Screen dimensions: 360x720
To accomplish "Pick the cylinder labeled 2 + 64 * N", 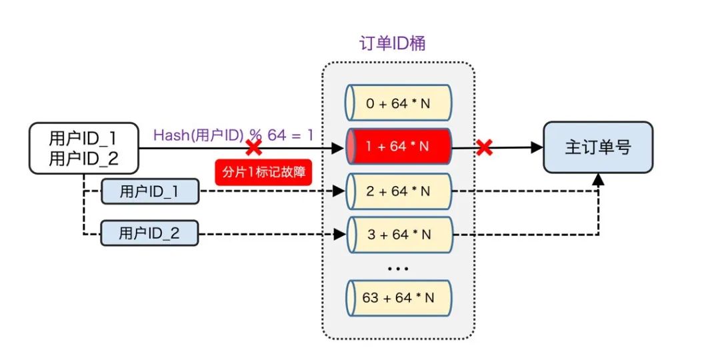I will click(399, 191).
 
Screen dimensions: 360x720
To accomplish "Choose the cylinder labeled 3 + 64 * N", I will click(399, 235).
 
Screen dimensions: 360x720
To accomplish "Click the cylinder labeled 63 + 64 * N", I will click(399, 297).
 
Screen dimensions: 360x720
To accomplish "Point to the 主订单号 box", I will click(597, 147).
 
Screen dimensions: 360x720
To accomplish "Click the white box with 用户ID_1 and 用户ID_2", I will click(83, 147).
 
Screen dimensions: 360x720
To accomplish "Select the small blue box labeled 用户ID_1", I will click(149, 192).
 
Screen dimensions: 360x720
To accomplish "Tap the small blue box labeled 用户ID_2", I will click(149, 233).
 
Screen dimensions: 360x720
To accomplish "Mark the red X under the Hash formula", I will click(253, 147).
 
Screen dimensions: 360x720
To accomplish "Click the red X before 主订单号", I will click(485, 147).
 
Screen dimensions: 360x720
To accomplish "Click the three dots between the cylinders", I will click(398, 268).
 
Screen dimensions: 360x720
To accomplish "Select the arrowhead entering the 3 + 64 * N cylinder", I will click(339, 234).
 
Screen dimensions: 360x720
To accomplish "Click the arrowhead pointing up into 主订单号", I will click(598, 179).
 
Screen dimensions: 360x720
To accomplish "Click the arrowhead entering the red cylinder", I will click(339, 147).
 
